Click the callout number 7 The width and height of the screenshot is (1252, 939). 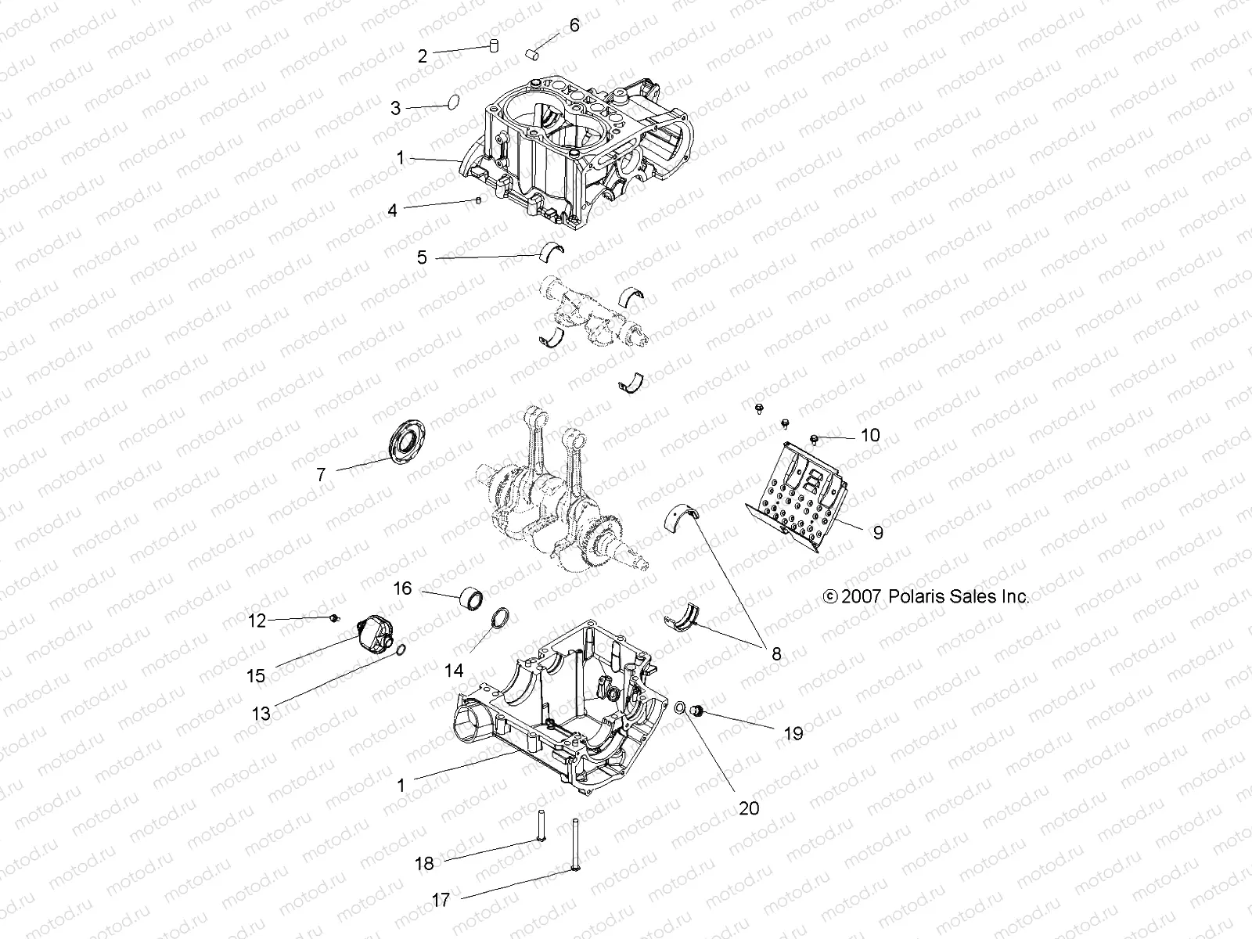click(x=321, y=474)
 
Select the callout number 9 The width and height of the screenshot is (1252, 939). click(x=877, y=532)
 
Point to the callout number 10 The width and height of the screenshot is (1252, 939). click(x=870, y=435)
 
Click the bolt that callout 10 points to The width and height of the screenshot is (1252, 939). click(x=815, y=437)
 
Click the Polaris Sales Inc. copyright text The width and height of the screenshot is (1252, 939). click(x=926, y=596)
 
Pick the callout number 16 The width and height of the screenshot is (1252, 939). click(x=402, y=588)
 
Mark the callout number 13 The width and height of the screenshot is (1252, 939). click(x=261, y=713)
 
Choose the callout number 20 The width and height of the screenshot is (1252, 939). click(x=749, y=808)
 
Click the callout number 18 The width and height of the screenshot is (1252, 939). click(x=424, y=863)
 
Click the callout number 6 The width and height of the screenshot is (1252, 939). click(x=574, y=26)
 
